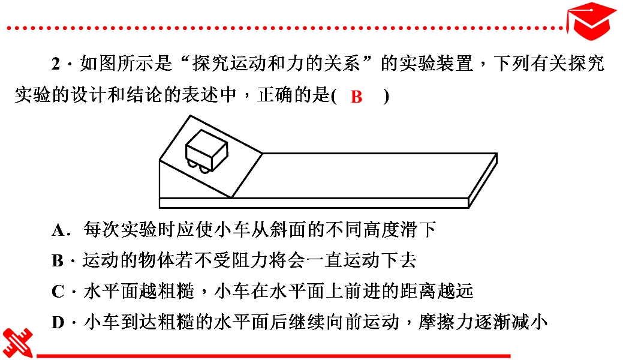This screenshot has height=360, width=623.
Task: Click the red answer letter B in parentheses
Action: [356, 97]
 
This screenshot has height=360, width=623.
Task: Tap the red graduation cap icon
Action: [591, 20]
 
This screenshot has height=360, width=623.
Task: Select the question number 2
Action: [56, 64]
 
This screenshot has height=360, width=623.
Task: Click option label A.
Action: [58, 230]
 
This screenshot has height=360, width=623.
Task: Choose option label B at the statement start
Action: [58, 261]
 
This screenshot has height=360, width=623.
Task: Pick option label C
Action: [58, 292]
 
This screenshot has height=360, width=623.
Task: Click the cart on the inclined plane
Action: [207, 151]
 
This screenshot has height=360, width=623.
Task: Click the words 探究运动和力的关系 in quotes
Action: [276, 64]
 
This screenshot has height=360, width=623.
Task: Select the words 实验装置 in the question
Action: [436, 64]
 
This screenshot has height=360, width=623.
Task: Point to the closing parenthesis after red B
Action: [386, 96]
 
